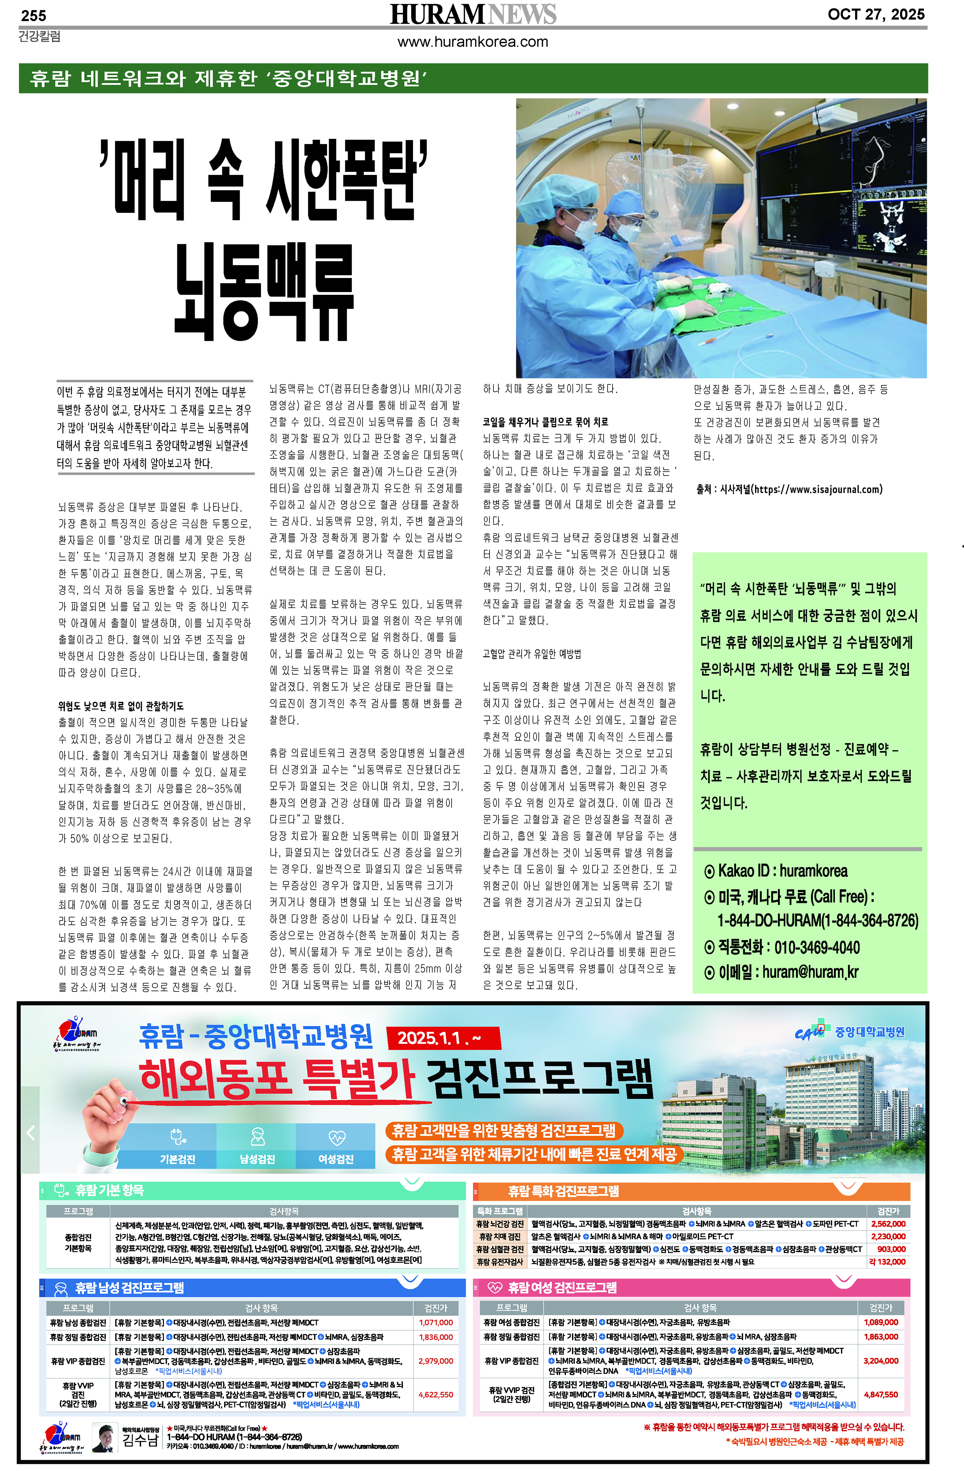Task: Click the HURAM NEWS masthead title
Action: (473, 14)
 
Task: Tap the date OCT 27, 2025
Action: (876, 14)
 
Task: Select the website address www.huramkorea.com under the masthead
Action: (473, 42)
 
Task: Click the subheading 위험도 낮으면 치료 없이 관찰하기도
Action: (121, 706)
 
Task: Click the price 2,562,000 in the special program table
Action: (888, 1224)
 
